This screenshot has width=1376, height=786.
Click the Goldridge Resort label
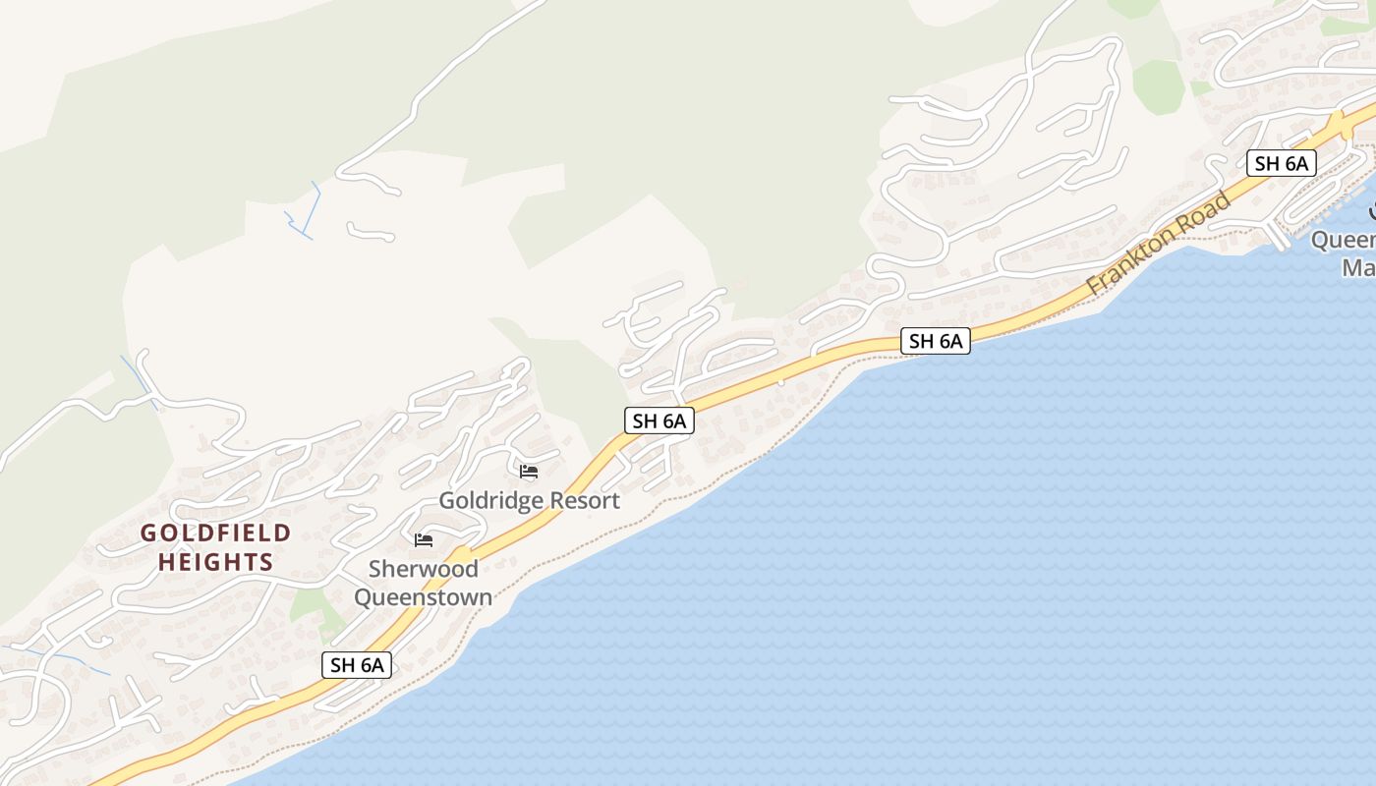pos(529,500)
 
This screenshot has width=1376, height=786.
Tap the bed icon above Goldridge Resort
pos(529,472)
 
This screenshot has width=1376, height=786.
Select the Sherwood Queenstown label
pos(423,583)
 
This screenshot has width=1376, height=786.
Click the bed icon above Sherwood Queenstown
pos(424,540)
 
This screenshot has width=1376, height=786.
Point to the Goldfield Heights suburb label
pos(215,547)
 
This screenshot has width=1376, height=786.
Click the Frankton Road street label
pos(1159,245)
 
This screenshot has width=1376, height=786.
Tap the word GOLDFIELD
pos(215,533)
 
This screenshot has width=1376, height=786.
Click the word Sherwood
pos(423,569)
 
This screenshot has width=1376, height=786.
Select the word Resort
pos(585,500)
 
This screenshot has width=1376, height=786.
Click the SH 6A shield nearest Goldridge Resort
pos(659,421)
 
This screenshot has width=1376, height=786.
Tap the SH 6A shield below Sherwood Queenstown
pos(357,665)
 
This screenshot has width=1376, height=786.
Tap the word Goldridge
pos(490,500)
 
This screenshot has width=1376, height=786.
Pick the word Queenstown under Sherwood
pos(423,597)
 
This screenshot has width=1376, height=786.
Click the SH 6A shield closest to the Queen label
pos(1281,163)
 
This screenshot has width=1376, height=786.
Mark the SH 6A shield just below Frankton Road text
pos(936,341)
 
